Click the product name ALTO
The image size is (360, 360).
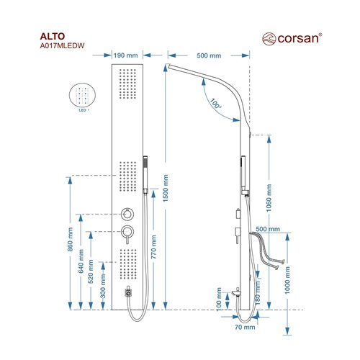[53, 37]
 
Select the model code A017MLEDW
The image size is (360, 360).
[62, 46]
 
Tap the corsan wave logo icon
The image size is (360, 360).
[269, 39]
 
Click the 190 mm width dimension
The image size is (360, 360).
[125, 55]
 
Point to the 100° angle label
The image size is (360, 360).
[215, 104]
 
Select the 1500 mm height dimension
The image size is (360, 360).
[166, 188]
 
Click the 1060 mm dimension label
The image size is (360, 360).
[269, 198]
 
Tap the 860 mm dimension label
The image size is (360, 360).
[70, 239]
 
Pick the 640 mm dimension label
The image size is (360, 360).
[81, 261]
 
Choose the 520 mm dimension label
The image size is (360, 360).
[91, 271]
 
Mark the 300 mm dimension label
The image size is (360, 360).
[103, 286]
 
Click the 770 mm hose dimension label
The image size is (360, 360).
[153, 247]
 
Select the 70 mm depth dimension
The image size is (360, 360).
[245, 327]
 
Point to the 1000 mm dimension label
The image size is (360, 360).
[287, 280]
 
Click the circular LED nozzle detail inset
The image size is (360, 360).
[82, 94]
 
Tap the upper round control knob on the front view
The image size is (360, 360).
[127, 214]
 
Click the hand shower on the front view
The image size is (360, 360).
[145, 175]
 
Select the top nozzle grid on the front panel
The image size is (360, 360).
[127, 84]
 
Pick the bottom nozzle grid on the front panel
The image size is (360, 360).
[128, 264]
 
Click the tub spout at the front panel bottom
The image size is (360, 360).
[129, 292]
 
